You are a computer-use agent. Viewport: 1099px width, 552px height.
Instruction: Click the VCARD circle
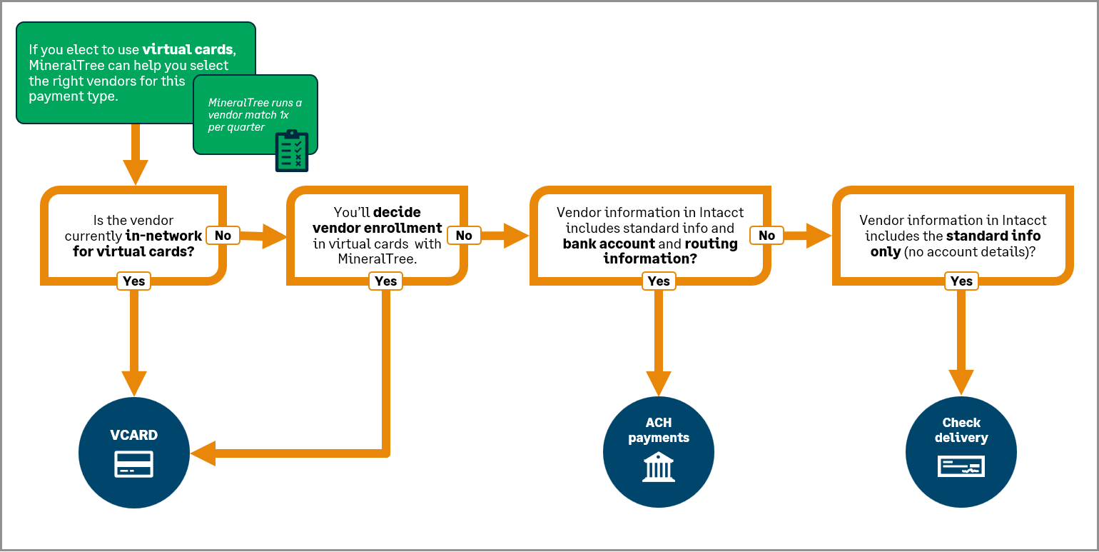click(134, 452)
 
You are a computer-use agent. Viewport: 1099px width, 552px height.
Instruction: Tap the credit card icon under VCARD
click(134, 464)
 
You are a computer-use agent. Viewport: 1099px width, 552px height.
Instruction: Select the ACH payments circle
click(658, 452)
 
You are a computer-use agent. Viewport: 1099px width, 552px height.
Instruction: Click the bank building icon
click(658, 468)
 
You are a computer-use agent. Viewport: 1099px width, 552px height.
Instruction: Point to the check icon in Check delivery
click(961, 467)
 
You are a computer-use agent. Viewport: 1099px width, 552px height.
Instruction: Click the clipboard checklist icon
click(292, 151)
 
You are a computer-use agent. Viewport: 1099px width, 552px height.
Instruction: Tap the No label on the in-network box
click(223, 235)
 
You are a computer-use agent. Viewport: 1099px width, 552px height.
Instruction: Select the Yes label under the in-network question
click(133, 281)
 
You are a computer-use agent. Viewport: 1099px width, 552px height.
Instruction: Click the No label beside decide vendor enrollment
click(464, 235)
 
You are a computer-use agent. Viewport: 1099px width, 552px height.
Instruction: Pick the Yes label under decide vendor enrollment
click(385, 281)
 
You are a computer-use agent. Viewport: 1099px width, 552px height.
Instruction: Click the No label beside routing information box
click(766, 235)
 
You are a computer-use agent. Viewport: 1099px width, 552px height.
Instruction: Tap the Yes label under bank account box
click(658, 281)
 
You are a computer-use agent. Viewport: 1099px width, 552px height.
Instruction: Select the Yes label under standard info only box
click(961, 281)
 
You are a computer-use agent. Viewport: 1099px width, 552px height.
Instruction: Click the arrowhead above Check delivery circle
click(961, 381)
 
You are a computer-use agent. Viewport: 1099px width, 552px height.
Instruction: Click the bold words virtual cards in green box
click(187, 49)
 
